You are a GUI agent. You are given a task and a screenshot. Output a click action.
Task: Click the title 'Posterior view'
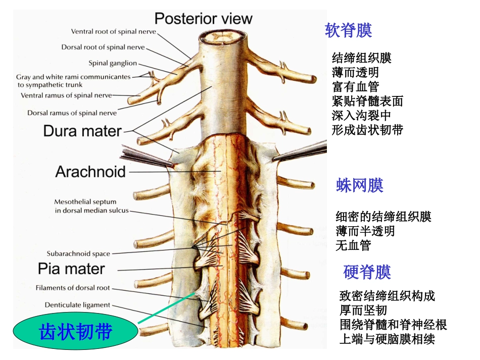tap(203, 19)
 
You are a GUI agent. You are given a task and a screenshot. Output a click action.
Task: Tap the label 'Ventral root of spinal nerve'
tap(114, 31)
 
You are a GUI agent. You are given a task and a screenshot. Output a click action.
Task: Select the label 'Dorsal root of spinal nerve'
tap(103, 47)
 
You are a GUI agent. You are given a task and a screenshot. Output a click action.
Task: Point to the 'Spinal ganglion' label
tap(113, 63)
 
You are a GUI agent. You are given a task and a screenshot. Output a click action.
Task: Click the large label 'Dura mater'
tap(82, 131)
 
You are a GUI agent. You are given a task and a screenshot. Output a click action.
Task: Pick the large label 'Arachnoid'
tap(90, 172)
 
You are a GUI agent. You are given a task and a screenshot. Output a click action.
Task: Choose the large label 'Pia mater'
tap(71, 268)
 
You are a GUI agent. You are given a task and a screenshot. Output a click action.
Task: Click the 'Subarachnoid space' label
tap(78, 253)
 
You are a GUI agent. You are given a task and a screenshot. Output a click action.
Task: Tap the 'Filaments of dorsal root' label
tap(73, 288)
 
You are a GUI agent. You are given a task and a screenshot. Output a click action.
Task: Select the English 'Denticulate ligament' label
tap(77, 305)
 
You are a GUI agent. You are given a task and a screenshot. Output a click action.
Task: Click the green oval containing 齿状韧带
tap(75, 332)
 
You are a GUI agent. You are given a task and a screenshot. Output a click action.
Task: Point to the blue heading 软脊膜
tap(349, 30)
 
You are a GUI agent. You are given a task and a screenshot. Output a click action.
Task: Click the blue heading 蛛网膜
tap(360, 185)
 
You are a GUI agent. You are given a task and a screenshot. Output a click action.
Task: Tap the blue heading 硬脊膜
tap(367, 273)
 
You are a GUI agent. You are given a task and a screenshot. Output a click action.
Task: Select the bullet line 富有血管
tap(356, 86)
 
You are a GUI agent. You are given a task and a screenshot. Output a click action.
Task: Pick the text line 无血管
tap(353, 245)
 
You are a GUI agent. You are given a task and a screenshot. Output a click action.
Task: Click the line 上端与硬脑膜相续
tap(387, 339)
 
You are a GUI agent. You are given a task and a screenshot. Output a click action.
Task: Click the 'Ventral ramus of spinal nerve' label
tap(66, 95)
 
